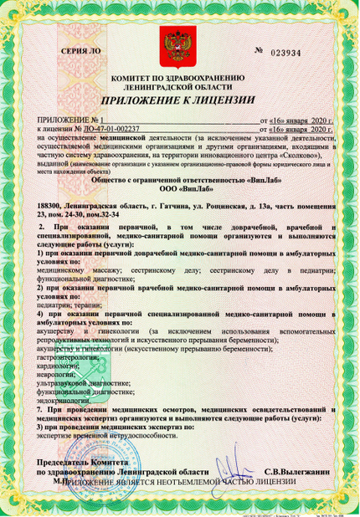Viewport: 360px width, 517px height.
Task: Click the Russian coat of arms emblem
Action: [x=180, y=44]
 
